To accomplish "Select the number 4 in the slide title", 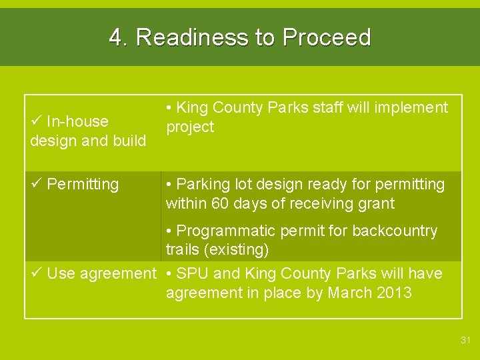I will coord(117,38).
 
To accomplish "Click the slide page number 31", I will coord(465,341).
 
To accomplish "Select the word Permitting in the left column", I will coord(83,184).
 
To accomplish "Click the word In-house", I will coord(77,121).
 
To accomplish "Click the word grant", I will coord(375,203).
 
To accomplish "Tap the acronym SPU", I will coord(193,273).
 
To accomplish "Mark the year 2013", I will coord(393,293).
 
